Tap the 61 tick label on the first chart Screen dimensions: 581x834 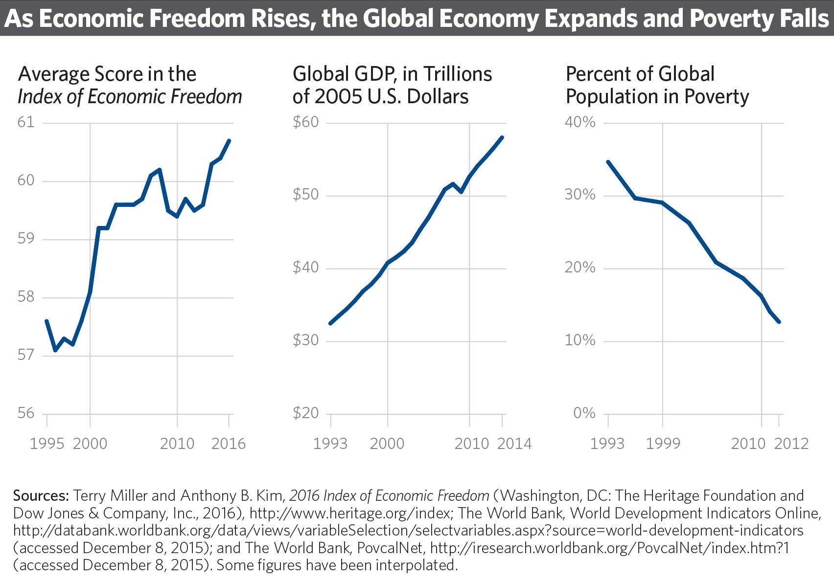click(26, 122)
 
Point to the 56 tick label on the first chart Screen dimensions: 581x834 click(26, 413)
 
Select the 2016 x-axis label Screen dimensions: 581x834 click(228, 444)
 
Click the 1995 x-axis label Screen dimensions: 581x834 click(47, 444)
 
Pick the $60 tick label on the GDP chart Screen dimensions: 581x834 click(306, 122)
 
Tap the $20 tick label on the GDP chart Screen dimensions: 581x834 click(306, 413)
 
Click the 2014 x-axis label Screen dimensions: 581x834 click(514, 444)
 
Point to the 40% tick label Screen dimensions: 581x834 click(580, 122)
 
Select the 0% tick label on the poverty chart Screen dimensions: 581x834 click(584, 413)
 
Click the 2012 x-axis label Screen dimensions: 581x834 click(791, 444)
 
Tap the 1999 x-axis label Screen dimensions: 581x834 click(663, 444)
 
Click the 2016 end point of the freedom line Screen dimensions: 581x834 click(229, 141)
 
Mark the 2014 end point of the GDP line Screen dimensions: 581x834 click(502, 137)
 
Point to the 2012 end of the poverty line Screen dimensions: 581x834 click(779, 322)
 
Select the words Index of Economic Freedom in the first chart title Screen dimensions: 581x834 click(130, 97)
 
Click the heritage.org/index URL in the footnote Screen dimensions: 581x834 click(349, 513)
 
